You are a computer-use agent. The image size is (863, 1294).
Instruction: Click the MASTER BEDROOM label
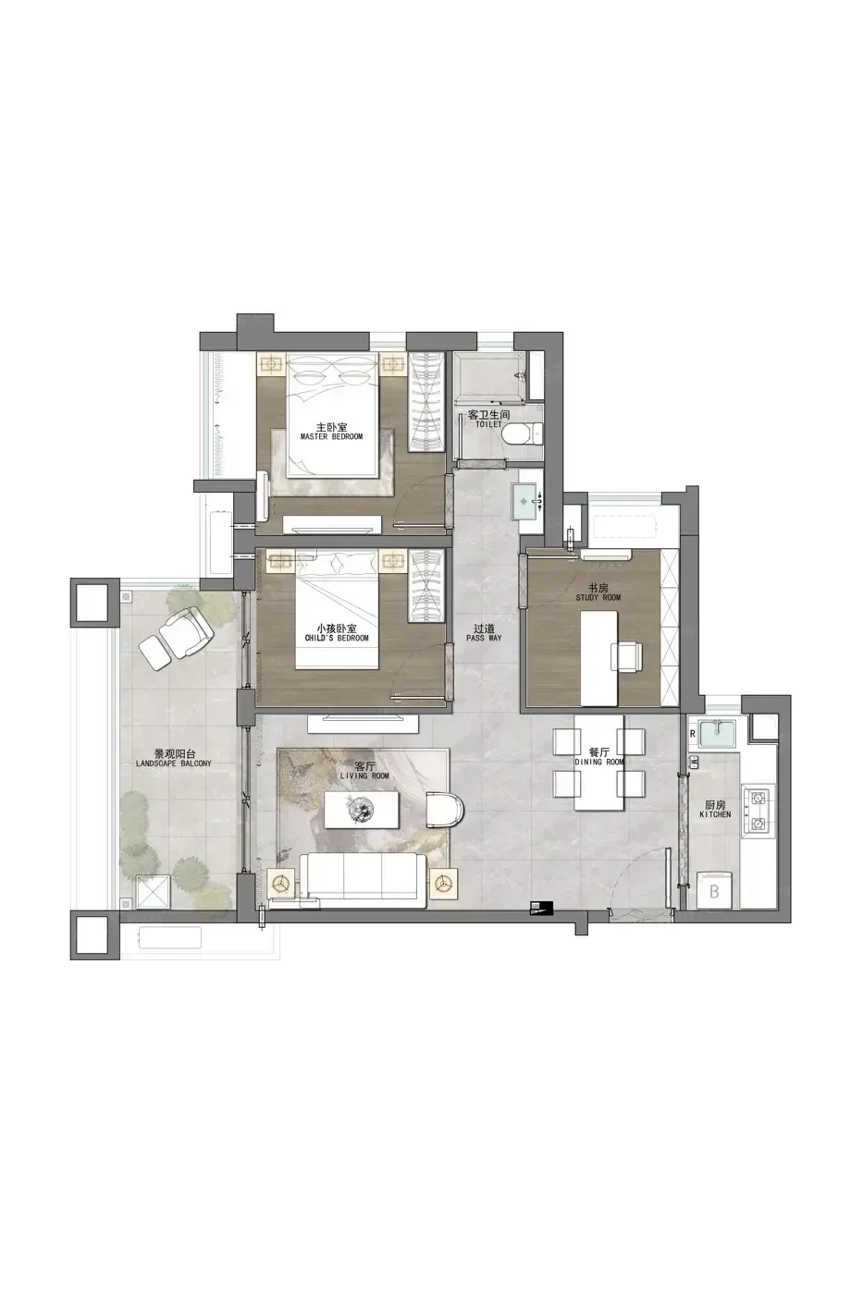(331, 436)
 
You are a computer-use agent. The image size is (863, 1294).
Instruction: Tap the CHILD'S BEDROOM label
(337, 638)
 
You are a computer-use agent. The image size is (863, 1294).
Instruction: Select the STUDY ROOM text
(598, 597)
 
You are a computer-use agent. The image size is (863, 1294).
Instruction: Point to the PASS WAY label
(484, 638)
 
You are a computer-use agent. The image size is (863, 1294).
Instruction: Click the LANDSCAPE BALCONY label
(173, 763)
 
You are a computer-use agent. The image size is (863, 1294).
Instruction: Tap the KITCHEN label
(715, 814)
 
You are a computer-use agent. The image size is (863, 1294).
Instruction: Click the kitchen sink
(718, 732)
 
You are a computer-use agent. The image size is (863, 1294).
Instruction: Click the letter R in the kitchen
(693, 734)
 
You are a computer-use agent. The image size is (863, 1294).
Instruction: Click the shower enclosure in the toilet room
(490, 378)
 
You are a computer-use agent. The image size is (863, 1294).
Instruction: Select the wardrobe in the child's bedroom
(427, 586)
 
